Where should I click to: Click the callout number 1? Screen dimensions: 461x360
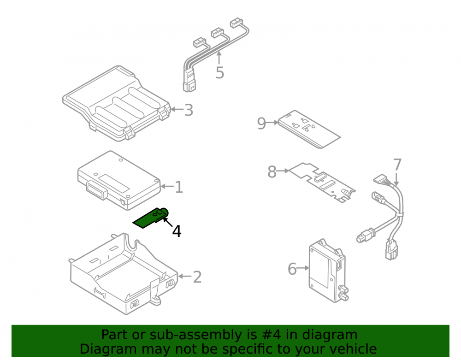click(x=179, y=187)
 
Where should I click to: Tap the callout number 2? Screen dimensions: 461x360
click(x=197, y=277)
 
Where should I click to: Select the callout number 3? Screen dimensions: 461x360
click(x=189, y=110)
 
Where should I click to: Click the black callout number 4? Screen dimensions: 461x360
click(x=177, y=231)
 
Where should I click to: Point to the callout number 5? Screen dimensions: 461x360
click(x=219, y=72)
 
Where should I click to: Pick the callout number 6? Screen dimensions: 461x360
click(x=292, y=269)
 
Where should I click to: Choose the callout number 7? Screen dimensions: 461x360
click(x=397, y=165)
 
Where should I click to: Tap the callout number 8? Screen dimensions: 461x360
click(x=272, y=172)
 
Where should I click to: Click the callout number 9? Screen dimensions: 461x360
click(x=261, y=124)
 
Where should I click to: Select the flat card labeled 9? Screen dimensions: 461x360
click(x=309, y=129)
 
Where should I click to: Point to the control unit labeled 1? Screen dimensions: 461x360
click(x=119, y=180)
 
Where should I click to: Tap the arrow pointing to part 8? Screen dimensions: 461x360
click(x=283, y=171)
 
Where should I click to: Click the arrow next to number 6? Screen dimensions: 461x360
click(x=303, y=268)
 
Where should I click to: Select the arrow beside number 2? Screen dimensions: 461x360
click(x=185, y=276)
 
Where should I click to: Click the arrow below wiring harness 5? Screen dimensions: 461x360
click(x=219, y=58)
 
